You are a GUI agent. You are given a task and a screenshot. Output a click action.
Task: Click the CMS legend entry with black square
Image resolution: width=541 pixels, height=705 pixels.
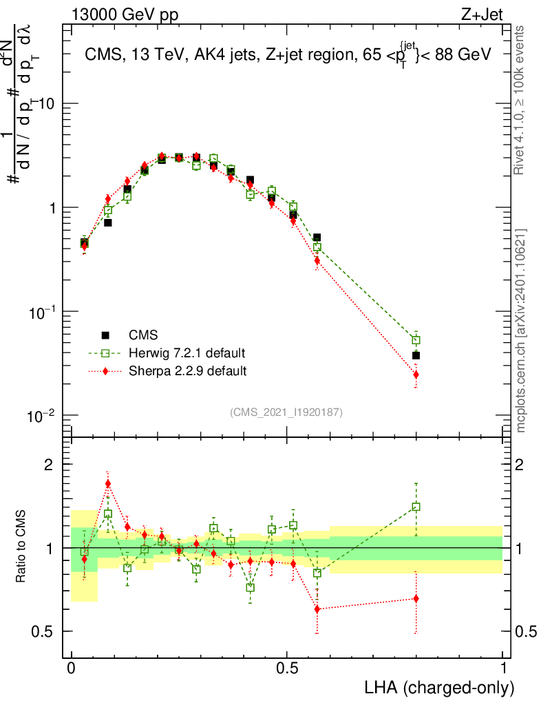(x=142, y=335)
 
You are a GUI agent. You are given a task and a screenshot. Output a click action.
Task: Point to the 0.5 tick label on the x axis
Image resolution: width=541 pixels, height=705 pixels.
(x=287, y=669)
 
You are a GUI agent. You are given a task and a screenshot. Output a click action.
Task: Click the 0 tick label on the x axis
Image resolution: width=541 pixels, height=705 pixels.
(x=71, y=669)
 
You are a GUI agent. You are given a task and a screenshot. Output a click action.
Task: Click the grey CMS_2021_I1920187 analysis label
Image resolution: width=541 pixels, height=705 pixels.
(x=286, y=412)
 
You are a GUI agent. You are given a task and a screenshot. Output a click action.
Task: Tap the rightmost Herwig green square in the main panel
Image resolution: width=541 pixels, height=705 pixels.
(x=416, y=340)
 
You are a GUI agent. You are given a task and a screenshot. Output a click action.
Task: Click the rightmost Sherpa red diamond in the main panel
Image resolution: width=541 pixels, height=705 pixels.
(x=416, y=375)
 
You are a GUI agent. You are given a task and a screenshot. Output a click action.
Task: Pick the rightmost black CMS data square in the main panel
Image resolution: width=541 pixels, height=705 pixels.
(x=416, y=355)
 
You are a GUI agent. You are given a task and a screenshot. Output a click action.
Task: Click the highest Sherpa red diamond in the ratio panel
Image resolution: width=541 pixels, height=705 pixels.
(x=108, y=483)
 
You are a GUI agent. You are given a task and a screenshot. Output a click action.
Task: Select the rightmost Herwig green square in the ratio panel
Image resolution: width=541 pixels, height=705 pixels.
(x=416, y=507)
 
